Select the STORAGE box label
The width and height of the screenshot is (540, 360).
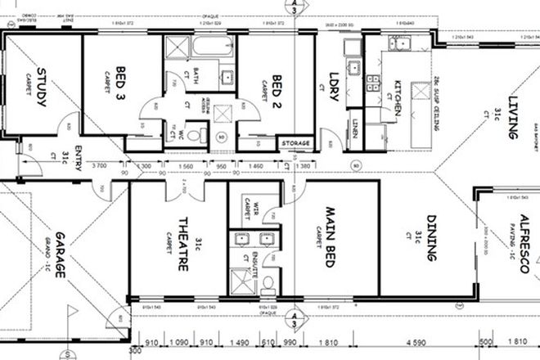(x=295, y=144)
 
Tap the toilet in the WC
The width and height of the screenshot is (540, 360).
(x=191, y=135)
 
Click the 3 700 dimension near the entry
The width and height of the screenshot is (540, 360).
(x=98, y=166)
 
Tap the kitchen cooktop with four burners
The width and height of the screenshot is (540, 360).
(x=373, y=82)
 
